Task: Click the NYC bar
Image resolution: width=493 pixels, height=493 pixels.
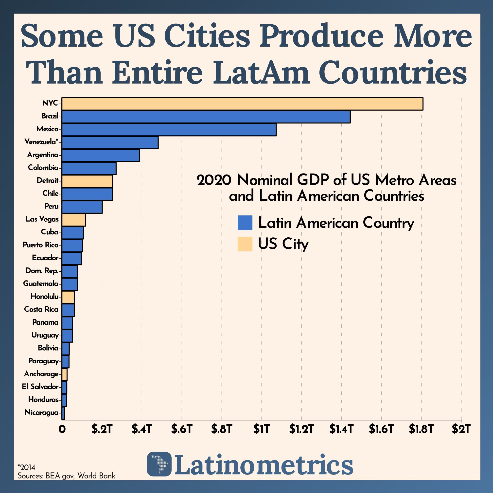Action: [x=242, y=104]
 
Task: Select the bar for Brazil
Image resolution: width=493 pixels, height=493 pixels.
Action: [x=206, y=117]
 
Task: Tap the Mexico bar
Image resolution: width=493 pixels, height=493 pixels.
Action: [x=169, y=130]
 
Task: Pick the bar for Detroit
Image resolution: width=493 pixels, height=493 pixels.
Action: [x=87, y=181]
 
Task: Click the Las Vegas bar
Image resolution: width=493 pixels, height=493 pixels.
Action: [x=74, y=220]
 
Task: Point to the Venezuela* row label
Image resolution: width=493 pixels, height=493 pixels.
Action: [x=41, y=142]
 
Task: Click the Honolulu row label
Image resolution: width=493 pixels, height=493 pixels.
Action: [x=45, y=297]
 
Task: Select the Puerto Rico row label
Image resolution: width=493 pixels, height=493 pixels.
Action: [x=41, y=245]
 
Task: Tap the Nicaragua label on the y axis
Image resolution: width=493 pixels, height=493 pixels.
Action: [x=42, y=412]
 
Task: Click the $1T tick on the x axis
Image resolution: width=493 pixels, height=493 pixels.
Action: [x=261, y=429]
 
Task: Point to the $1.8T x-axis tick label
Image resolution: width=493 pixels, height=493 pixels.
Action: [x=421, y=429]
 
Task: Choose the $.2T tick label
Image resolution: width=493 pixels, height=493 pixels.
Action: [x=102, y=429]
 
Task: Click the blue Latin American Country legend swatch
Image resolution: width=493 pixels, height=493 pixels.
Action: [x=245, y=223]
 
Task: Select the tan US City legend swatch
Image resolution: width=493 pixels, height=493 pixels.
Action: [x=245, y=244]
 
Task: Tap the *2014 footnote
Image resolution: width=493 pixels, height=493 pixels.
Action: [x=26, y=467]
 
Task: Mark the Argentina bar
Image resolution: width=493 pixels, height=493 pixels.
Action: [x=101, y=155]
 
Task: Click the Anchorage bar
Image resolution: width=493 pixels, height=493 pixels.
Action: [x=64, y=374]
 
